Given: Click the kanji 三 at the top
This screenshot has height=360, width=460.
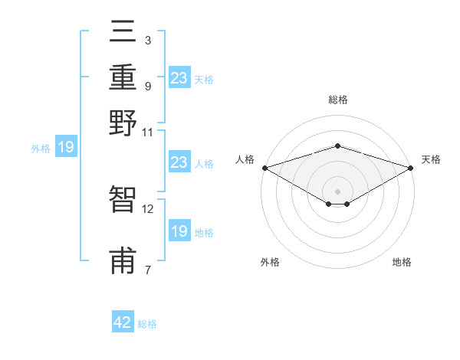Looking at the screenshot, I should [123, 33].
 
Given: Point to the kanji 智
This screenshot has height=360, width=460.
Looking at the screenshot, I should [123, 200].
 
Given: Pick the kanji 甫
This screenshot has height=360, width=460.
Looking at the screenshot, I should [123, 260].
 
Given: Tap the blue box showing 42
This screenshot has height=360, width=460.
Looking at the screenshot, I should [123, 322].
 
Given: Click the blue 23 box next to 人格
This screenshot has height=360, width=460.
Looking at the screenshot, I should [179, 162].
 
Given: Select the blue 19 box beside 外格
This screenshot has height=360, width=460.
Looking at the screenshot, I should [65, 147].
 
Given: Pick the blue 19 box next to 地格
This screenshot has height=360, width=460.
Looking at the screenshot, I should [179, 231].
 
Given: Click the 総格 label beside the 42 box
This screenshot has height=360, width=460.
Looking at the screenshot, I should [147, 324].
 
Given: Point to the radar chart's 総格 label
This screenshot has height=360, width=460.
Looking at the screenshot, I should [337, 100].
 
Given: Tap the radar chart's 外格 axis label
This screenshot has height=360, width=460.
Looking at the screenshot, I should [270, 263].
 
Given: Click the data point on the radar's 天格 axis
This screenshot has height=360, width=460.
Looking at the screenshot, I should [412, 168].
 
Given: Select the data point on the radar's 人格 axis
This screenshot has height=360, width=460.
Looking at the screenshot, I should [264, 168].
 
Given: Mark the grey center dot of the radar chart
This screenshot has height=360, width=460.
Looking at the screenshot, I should [337, 191].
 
